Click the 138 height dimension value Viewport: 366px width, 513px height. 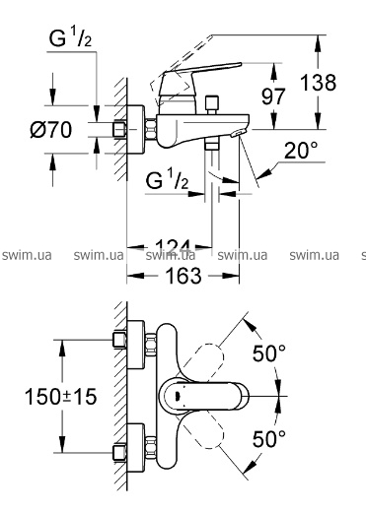[x=319, y=83]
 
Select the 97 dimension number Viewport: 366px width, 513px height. [x=273, y=96]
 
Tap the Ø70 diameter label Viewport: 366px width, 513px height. [x=51, y=129]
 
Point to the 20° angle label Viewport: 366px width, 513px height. [x=301, y=151]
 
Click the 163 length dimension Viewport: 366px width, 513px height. [x=183, y=276]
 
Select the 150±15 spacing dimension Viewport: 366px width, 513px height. [x=60, y=396]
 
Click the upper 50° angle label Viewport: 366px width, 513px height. [x=269, y=353]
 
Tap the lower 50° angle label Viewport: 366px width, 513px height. [x=269, y=438]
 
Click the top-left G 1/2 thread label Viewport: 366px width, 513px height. [x=70, y=37]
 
